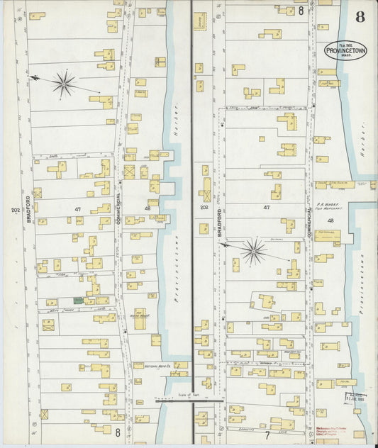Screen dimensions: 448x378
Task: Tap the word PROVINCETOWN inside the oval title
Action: tap(346, 51)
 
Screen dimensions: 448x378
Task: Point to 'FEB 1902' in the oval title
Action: tap(346, 45)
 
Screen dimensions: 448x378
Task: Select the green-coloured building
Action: tap(78, 301)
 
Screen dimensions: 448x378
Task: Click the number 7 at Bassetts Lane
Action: tap(267, 434)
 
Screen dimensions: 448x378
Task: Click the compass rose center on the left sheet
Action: tap(64, 84)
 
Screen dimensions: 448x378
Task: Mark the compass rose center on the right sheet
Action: tap(253, 251)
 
